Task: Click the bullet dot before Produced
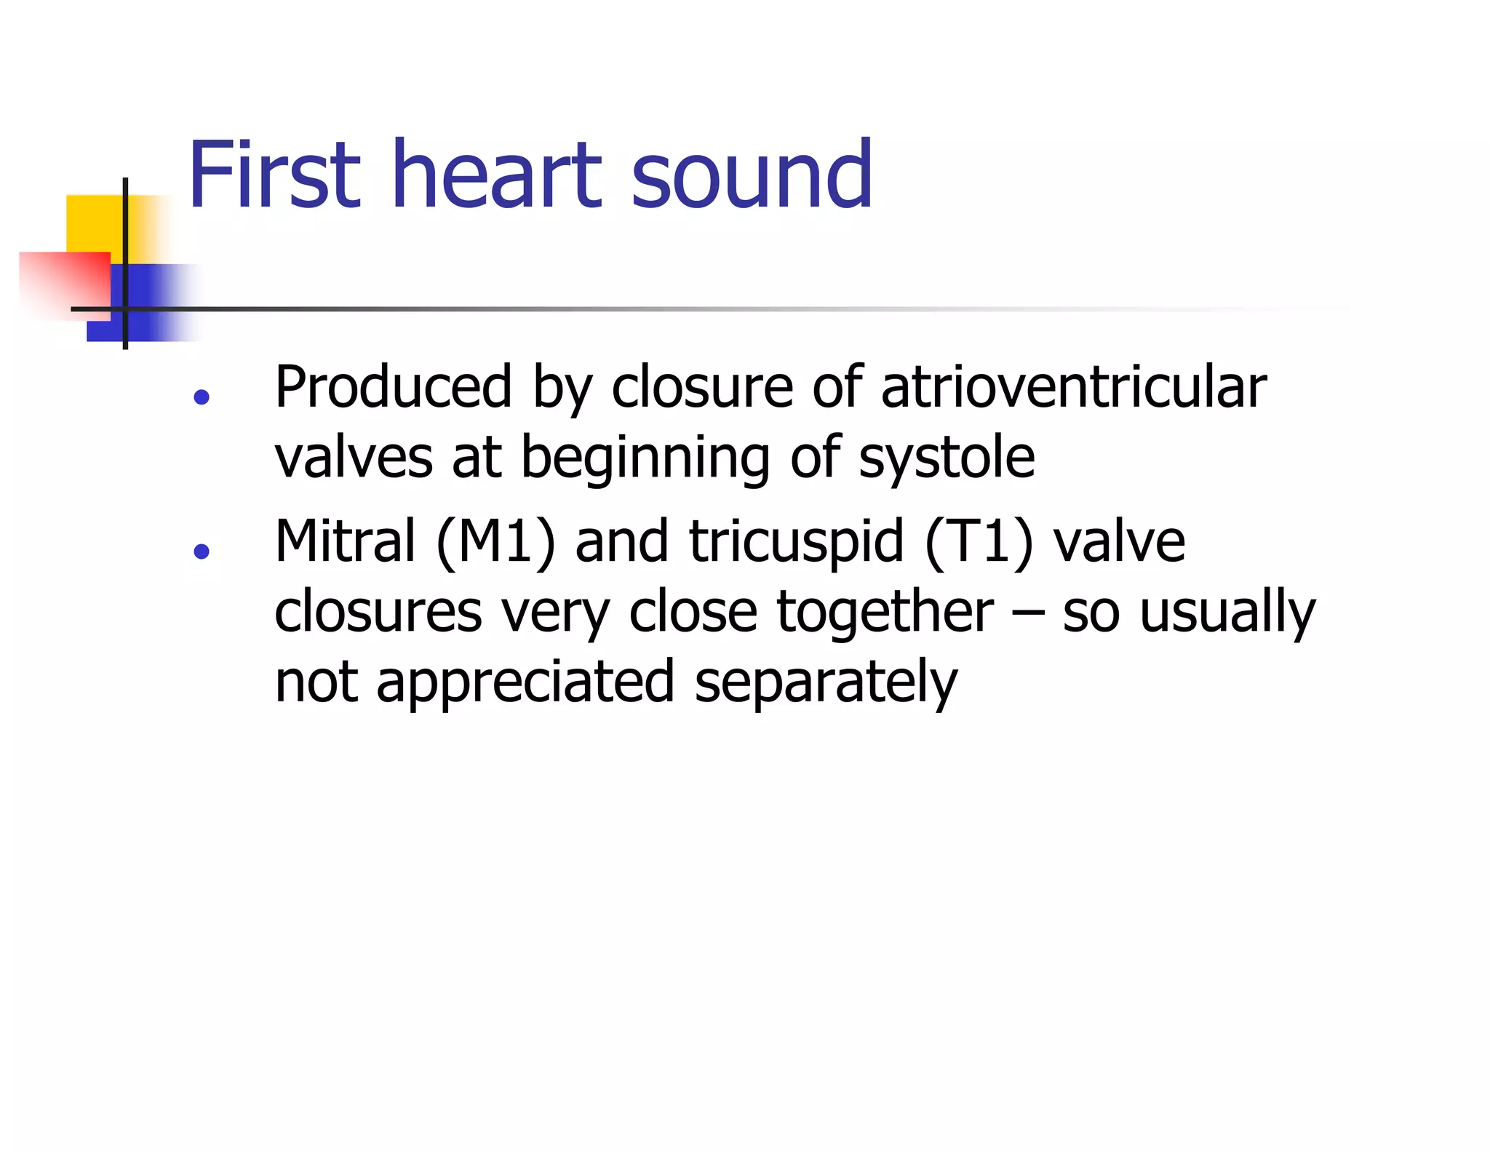[x=202, y=397]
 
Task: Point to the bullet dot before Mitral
[x=202, y=551]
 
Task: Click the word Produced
[x=394, y=387]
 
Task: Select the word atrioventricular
[x=1074, y=387]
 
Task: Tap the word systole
[x=947, y=458]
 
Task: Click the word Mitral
[x=345, y=541]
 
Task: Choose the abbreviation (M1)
[x=496, y=543]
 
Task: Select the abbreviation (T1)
[x=979, y=543]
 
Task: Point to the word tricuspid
[x=797, y=543]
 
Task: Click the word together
[x=884, y=612]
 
